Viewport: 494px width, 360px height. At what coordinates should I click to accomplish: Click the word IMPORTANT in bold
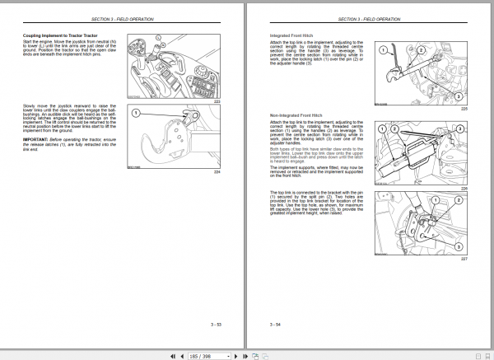35,142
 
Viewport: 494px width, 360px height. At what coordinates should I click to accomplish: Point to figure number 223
217,100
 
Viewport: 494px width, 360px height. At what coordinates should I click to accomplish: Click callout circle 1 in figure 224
137,114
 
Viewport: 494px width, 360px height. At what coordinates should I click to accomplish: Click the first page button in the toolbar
170,354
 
